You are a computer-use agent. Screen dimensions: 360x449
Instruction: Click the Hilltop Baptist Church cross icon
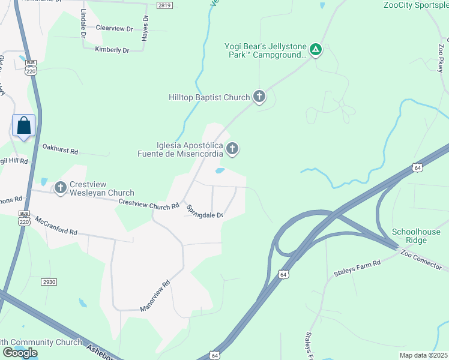point(259,97)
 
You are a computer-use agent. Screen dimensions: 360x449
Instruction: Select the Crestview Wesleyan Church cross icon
point(60,188)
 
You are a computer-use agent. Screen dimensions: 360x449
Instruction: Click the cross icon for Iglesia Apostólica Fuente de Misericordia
point(232,148)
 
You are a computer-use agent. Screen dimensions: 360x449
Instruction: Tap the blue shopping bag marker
point(24,126)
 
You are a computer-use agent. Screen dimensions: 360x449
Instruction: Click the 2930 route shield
point(49,282)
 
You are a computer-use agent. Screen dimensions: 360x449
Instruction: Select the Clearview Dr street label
point(114,28)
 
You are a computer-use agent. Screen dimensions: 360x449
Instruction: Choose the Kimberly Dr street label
point(112,50)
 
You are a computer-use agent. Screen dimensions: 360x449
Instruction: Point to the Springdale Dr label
point(205,211)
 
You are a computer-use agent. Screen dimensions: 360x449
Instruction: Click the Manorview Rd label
point(155,296)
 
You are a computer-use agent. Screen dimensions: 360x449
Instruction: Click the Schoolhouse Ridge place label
point(416,236)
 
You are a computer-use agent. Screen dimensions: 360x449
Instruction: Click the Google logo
point(20,353)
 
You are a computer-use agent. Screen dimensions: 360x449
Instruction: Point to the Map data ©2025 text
point(423,355)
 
